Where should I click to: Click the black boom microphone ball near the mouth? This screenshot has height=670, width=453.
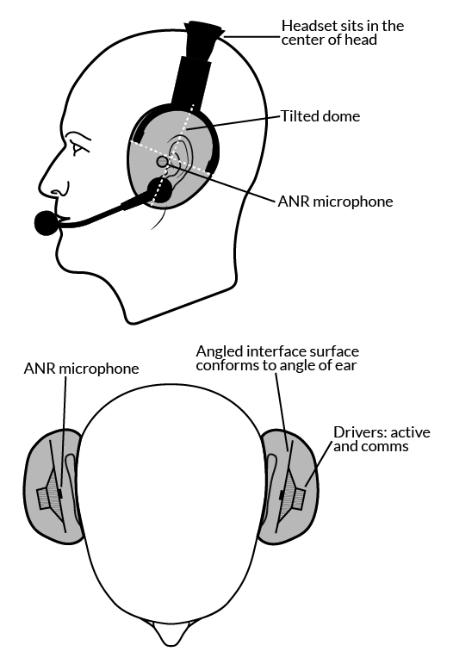click(x=47, y=223)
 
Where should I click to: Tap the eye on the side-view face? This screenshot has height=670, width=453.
click(x=77, y=149)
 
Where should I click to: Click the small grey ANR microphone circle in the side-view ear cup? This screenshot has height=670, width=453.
click(x=163, y=161)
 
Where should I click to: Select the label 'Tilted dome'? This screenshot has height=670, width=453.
click(x=320, y=116)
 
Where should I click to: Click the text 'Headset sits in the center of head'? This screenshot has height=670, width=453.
click(x=342, y=33)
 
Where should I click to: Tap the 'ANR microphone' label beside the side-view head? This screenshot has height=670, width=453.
click(x=335, y=202)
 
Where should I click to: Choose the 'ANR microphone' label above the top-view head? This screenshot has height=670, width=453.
click(x=81, y=369)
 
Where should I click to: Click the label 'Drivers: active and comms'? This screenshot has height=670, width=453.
click(x=382, y=439)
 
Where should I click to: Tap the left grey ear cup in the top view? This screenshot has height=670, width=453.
click(x=53, y=487)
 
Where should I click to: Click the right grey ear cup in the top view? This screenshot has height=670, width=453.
click(x=289, y=487)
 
